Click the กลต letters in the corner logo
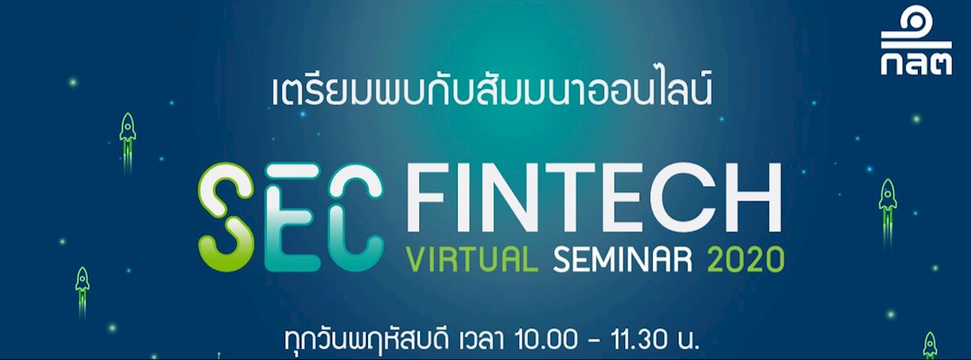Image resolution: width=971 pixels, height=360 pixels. [915, 63]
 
